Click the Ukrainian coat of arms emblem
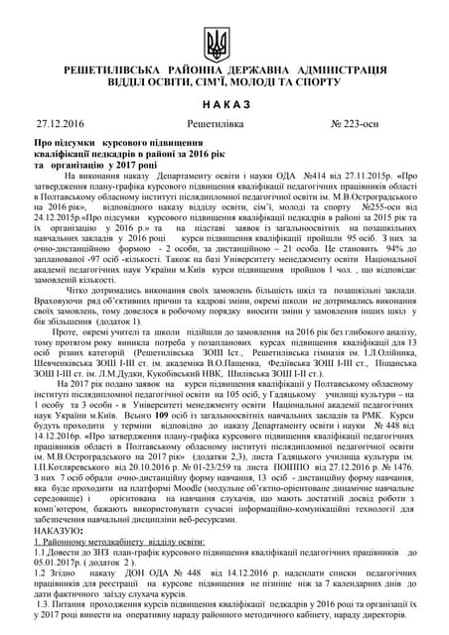[x=218, y=43]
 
